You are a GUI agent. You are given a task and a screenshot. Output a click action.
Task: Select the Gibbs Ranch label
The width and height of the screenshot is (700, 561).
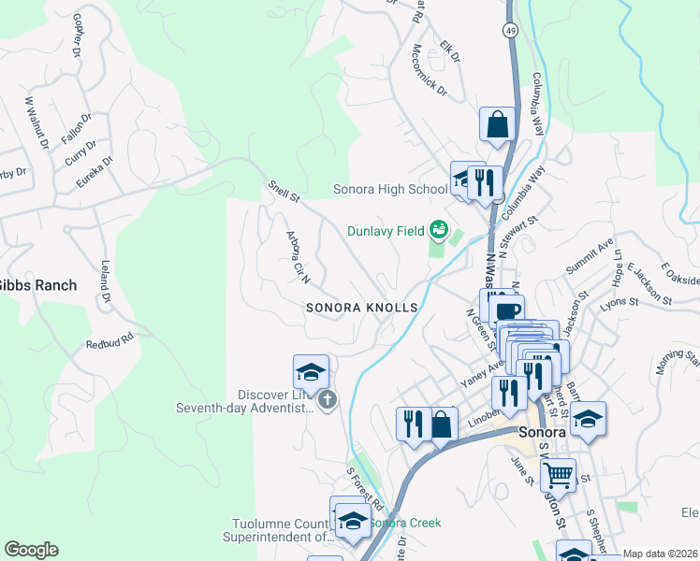click(37, 284)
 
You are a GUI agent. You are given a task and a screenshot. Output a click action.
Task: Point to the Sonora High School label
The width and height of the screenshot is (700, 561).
click(390, 190)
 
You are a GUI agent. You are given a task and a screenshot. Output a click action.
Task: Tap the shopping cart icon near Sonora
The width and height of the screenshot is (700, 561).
click(558, 474)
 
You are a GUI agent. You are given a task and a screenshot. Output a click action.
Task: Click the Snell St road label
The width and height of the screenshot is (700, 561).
click(284, 192)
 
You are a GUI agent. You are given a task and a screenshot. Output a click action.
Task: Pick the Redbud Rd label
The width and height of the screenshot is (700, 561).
click(110, 339)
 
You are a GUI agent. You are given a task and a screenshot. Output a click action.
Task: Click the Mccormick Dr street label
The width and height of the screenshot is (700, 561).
click(429, 72)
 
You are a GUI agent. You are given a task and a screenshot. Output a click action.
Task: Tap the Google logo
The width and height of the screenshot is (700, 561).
click(31, 550)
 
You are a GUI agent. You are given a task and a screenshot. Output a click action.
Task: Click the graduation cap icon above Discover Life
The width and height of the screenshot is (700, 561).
click(311, 372)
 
